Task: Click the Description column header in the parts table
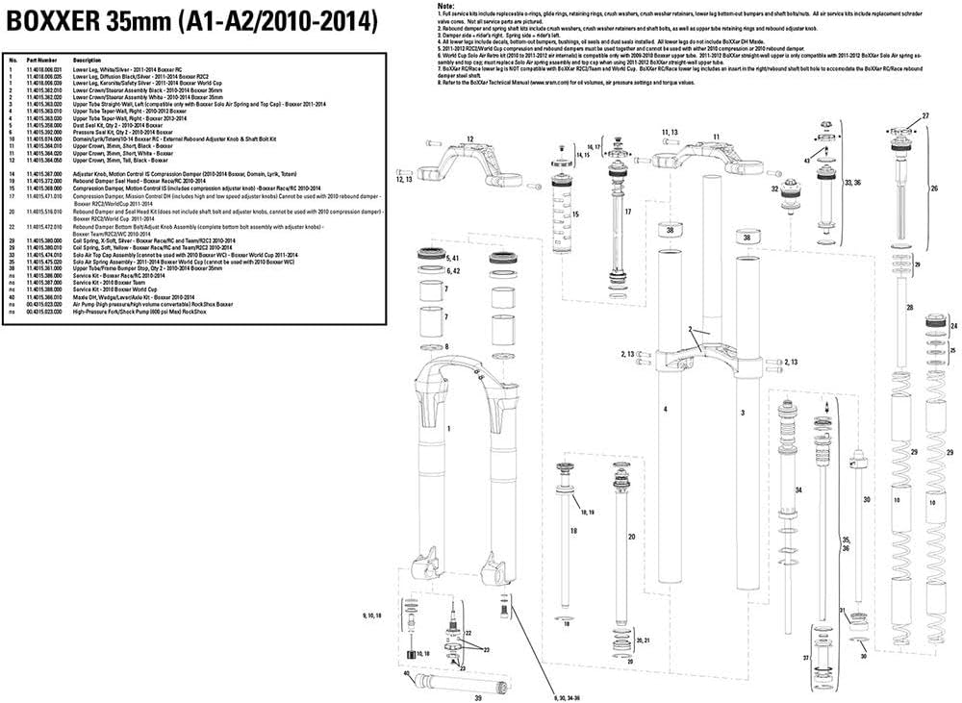(x=88, y=60)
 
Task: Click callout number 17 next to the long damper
(x=627, y=212)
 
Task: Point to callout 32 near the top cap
(x=774, y=189)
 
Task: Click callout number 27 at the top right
(x=925, y=115)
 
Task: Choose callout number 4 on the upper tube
(x=664, y=410)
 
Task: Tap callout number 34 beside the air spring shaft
(x=797, y=490)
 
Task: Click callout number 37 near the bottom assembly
(x=806, y=660)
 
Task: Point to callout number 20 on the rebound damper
(x=631, y=536)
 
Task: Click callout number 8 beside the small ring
(x=446, y=346)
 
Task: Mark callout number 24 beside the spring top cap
(x=954, y=328)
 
